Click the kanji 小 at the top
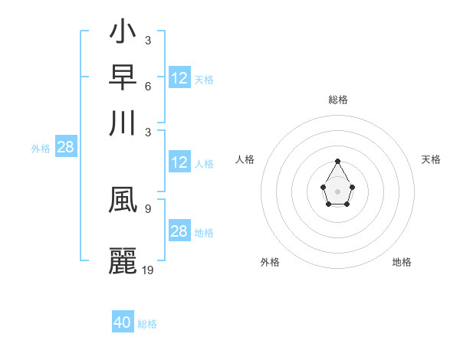click(123, 33)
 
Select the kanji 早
click(123, 77)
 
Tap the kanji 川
click(123, 123)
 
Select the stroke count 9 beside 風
click(147, 208)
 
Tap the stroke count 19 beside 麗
click(148, 270)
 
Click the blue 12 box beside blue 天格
click(179, 78)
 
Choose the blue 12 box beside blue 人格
click(179, 162)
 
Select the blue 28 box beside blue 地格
click(179, 231)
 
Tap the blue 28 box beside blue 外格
click(65, 148)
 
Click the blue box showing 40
click(123, 322)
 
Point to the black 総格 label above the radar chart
click(337, 100)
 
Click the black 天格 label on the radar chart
click(431, 159)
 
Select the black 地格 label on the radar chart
click(402, 262)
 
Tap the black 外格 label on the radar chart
click(270, 262)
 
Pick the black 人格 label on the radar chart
click(245, 159)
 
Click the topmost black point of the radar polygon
click(337, 161)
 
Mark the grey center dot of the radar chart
click(337, 191)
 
